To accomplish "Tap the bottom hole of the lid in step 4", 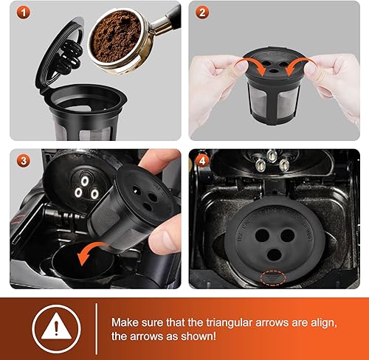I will (275, 255).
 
